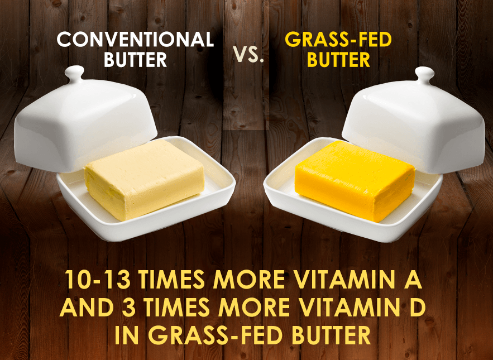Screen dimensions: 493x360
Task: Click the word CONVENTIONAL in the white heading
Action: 135,40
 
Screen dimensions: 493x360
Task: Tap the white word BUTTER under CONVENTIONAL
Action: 135,59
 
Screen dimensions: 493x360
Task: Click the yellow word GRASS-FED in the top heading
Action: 338,40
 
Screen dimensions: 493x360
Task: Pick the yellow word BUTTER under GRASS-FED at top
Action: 338,59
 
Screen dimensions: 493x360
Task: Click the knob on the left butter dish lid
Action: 74,74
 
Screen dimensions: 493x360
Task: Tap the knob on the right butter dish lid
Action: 425,75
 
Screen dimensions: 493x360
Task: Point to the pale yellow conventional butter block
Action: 144,179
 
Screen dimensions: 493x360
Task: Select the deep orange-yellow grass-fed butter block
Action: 355,181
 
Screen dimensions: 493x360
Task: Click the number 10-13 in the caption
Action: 98,280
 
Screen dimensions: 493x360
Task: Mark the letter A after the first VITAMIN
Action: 413,280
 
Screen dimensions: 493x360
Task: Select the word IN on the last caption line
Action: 126,335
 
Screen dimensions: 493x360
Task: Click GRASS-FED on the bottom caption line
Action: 215,335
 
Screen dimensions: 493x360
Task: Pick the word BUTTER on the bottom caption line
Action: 331,335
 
